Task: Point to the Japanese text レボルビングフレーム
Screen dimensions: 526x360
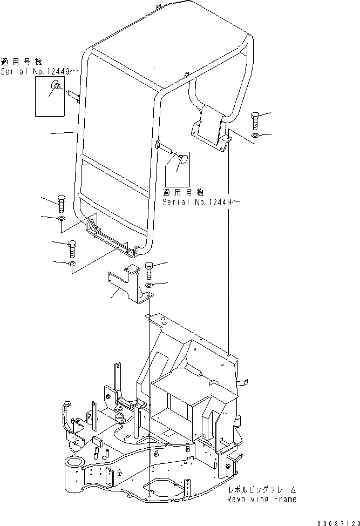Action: pyautogui.click(x=262, y=489)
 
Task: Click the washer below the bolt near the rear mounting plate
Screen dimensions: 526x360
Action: pyautogui.click(x=257, y=134)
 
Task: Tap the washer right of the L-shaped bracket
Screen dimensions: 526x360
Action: pyautogui.click(x=150, y=285)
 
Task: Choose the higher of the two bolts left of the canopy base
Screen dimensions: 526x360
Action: pyautogui.click(x=60, y=204)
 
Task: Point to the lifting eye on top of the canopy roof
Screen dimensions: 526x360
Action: pyautogui.click(x=158, y=7)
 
